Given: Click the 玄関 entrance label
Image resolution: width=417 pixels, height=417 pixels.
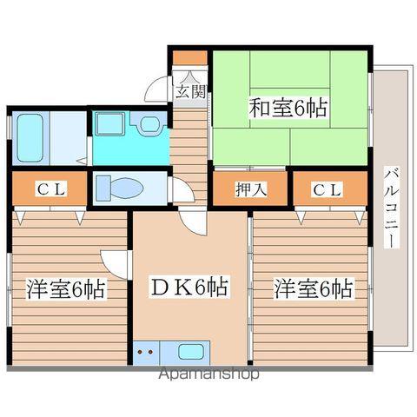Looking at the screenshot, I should coord(192,89).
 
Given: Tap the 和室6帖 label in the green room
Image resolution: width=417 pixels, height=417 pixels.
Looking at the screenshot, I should coord(288,109).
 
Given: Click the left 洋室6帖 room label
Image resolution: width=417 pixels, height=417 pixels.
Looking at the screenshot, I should coord(66,288).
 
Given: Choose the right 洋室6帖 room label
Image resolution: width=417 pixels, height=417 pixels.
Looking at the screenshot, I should coord(314,288).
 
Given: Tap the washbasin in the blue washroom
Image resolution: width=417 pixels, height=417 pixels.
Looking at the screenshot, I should coord(148,124).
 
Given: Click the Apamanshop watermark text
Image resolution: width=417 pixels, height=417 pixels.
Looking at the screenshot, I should coord(208,375).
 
